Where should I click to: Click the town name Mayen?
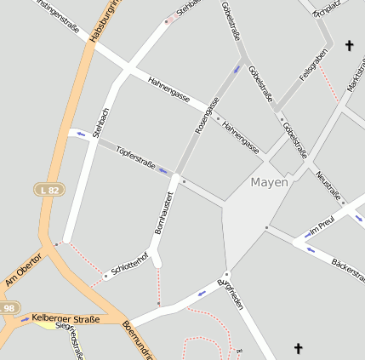[x=270, y=181]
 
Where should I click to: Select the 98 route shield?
[x=9, y=307]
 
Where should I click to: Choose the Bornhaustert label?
[x=164, y=213]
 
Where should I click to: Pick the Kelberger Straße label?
[x=66, y=319]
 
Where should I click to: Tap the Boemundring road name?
[x=136, y=340]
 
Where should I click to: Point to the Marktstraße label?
[x=355, y=77]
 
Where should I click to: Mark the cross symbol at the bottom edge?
[x=298, y=348]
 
